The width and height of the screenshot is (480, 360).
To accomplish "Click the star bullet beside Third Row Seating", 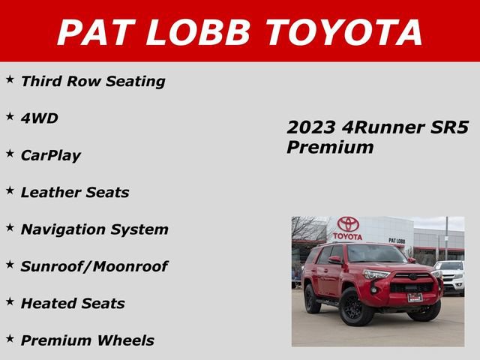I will pos(10,79).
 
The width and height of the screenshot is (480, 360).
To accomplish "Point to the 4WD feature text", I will pos(39,118).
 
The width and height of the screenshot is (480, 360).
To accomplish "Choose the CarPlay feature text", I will pos(50,156).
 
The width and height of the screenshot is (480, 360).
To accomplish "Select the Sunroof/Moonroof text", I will pos(94,266).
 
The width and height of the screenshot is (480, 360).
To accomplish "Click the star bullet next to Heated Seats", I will pos(10,301).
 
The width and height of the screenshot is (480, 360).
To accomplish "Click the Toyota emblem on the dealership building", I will pos(347,224).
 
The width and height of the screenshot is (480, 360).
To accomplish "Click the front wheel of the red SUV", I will pos(352,307).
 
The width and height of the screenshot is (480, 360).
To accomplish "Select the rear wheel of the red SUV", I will pos(312,299).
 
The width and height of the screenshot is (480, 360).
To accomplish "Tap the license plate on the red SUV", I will pos(415,298).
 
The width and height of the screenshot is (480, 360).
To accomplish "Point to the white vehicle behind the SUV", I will pos(451,276).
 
